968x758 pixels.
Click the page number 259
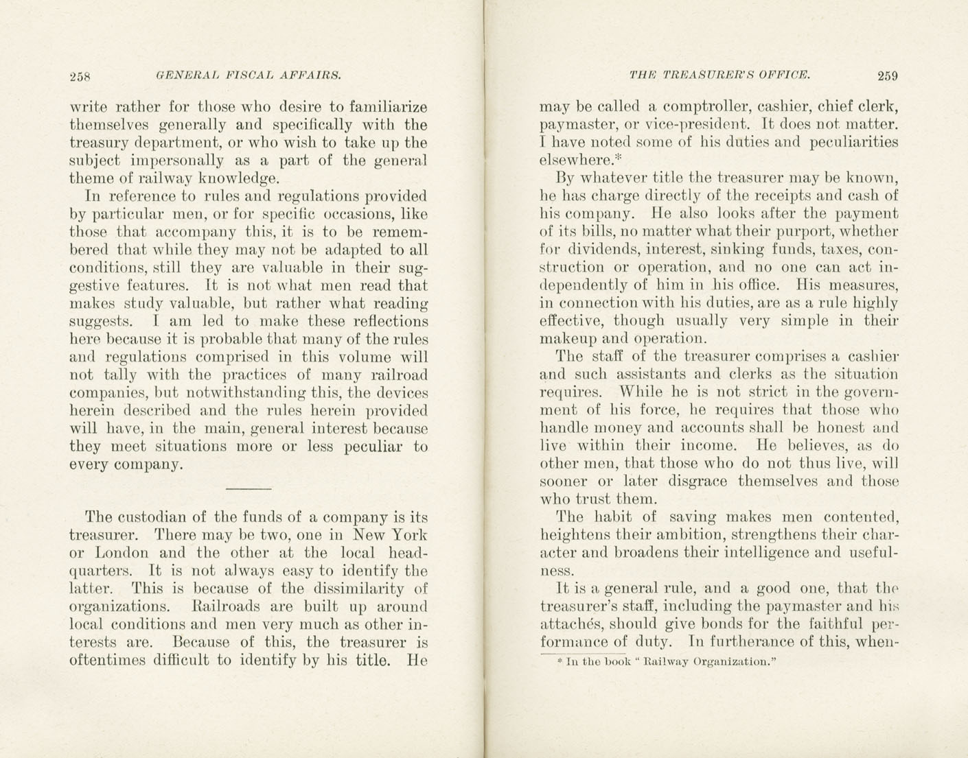point(887,75)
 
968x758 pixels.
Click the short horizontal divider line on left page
point(249,488)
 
